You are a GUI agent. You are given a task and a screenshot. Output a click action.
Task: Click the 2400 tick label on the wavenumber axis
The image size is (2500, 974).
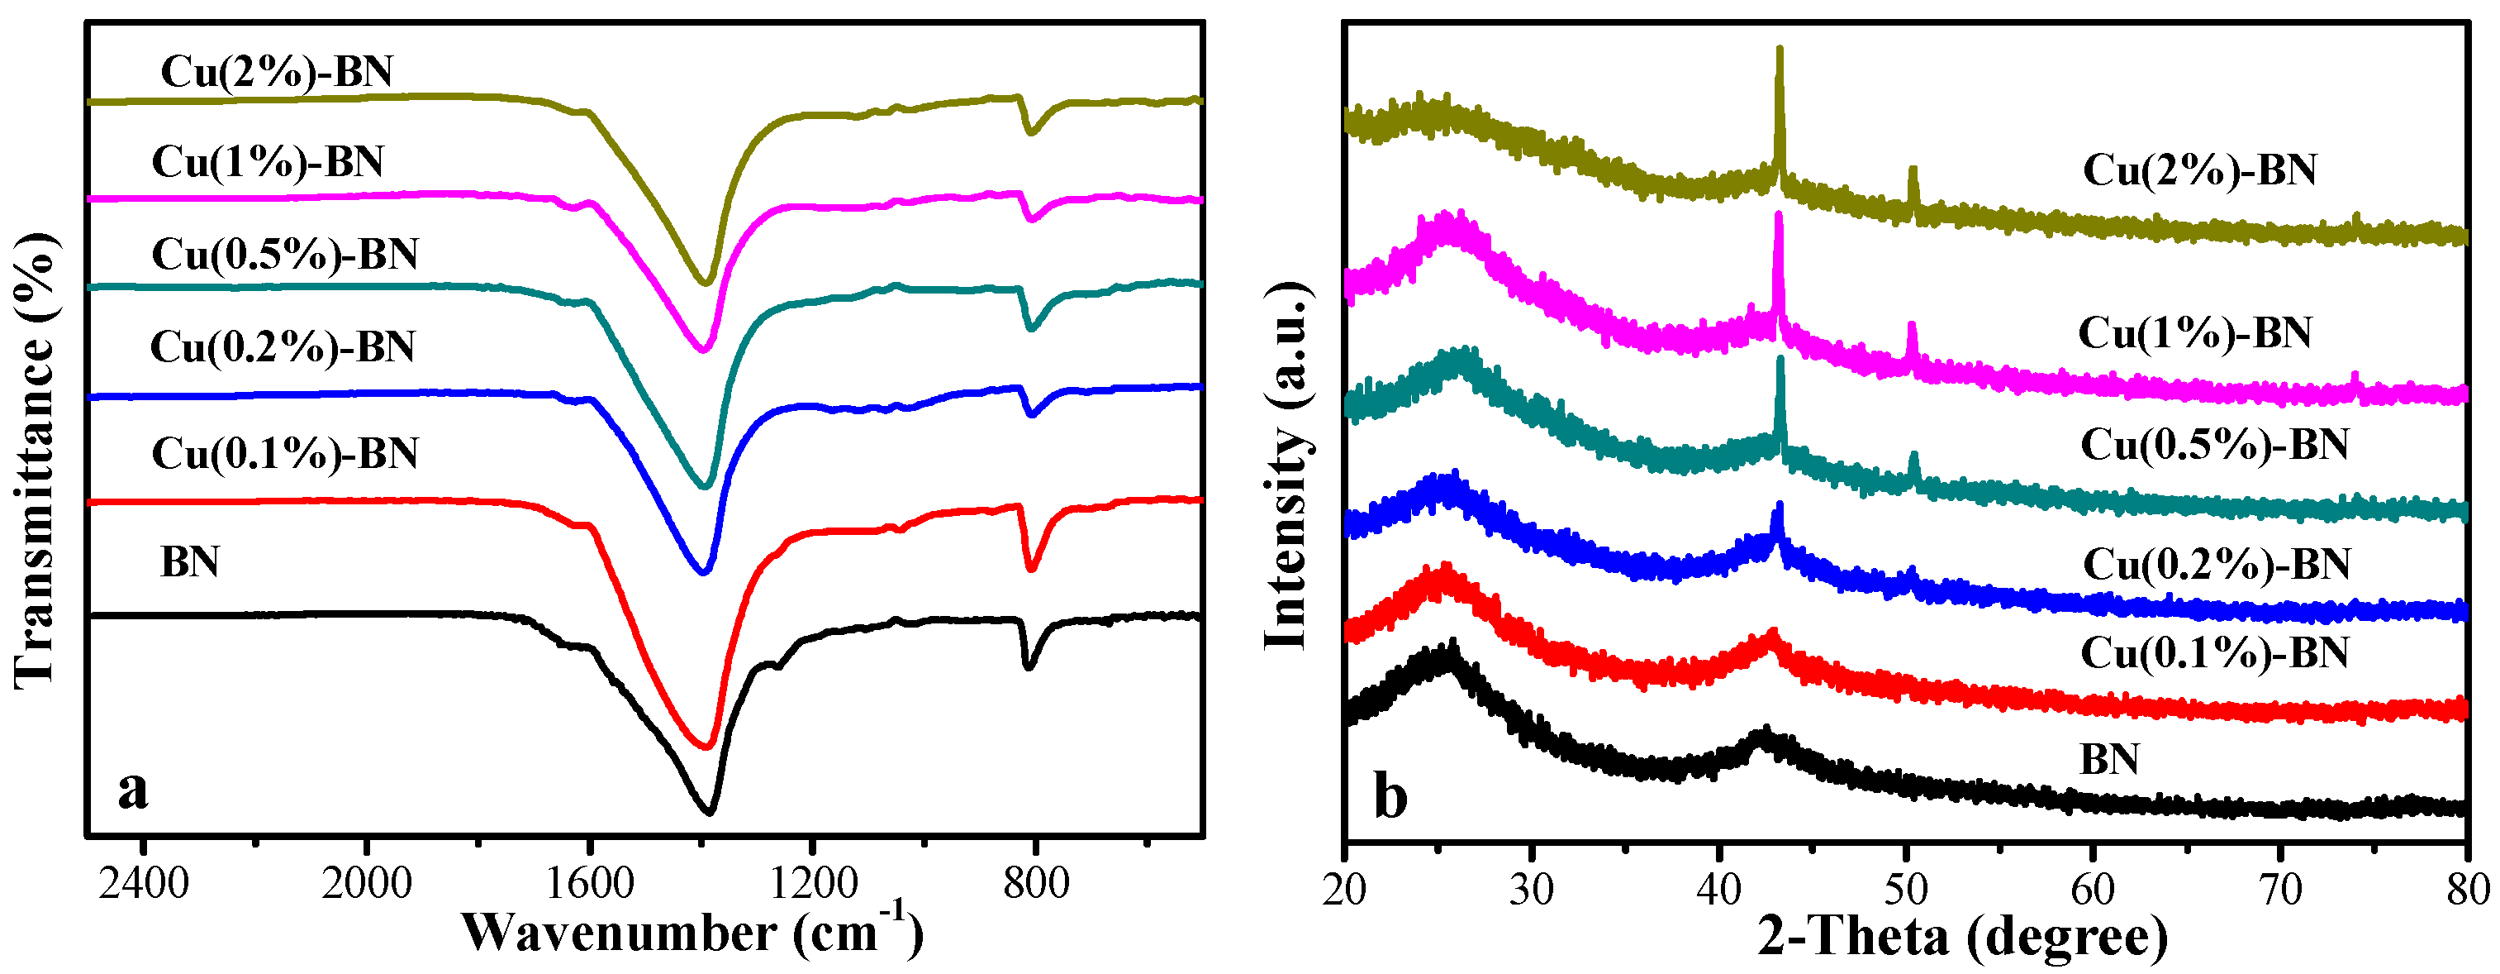point(143,884)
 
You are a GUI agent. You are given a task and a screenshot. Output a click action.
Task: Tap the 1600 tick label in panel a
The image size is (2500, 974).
point(590,884)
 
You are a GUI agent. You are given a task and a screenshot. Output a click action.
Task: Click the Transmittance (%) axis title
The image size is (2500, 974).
point(35,462)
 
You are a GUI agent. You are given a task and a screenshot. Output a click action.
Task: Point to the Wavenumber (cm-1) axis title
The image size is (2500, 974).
point(692,931)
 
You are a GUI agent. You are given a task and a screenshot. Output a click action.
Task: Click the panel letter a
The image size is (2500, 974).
point(133,790)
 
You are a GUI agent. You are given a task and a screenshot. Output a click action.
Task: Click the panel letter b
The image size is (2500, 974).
point(1390,798)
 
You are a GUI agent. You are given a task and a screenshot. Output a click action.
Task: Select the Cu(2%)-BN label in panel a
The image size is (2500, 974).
point(277,72)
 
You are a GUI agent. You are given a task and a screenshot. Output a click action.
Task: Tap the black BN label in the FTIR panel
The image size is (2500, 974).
point(190,562)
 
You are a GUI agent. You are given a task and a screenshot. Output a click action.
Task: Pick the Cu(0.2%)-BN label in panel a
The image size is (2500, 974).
point(283,346)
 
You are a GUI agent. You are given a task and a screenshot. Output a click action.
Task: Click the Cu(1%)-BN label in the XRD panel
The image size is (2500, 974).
point(2194,333)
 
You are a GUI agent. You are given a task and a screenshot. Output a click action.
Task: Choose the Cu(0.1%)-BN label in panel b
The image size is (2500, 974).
point(2215,652)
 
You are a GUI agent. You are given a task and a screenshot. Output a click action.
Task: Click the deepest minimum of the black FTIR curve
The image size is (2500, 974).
point(710,812)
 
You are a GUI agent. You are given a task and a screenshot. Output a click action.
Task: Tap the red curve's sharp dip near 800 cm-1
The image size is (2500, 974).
point(1031,570)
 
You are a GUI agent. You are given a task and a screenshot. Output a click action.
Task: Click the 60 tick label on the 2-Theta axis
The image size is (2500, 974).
point(2094,890)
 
